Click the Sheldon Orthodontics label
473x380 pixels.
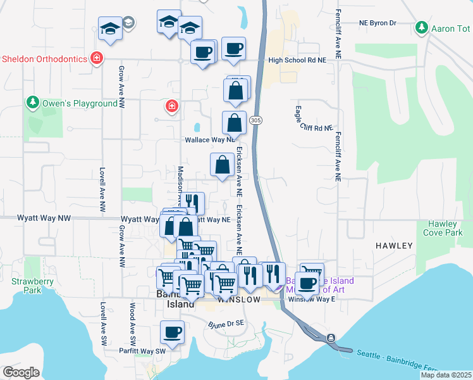44,59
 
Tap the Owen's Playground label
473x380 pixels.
80,103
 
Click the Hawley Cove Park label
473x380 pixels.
446,228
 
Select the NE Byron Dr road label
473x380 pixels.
377,23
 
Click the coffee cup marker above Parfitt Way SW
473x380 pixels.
171,331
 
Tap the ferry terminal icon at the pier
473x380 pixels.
331,338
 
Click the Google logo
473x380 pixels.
21,372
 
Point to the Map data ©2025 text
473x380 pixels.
446,375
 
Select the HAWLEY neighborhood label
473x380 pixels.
394,245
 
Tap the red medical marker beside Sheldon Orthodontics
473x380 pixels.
97,58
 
